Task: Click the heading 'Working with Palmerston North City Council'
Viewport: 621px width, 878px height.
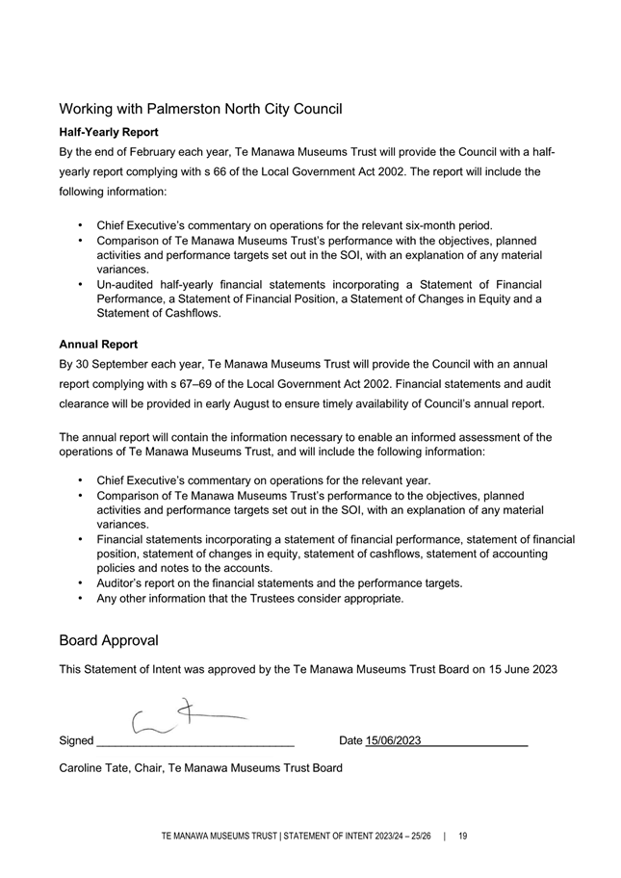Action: tap(200, 109)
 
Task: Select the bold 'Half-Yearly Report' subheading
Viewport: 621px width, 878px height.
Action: tap(109, 131)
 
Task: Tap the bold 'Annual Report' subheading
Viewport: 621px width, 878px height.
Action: tap(98, 344)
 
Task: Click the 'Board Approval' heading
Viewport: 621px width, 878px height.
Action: tap(109, 640)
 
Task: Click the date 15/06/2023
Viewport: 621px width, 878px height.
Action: tap(393, 740)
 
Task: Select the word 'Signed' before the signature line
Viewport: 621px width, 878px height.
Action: tap(76, 741)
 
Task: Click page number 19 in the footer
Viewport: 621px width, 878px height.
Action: tap(463, 837)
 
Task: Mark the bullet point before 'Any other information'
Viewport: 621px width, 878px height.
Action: tap(78, 599)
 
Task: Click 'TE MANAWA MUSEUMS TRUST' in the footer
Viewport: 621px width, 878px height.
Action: tap(215, 837)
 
